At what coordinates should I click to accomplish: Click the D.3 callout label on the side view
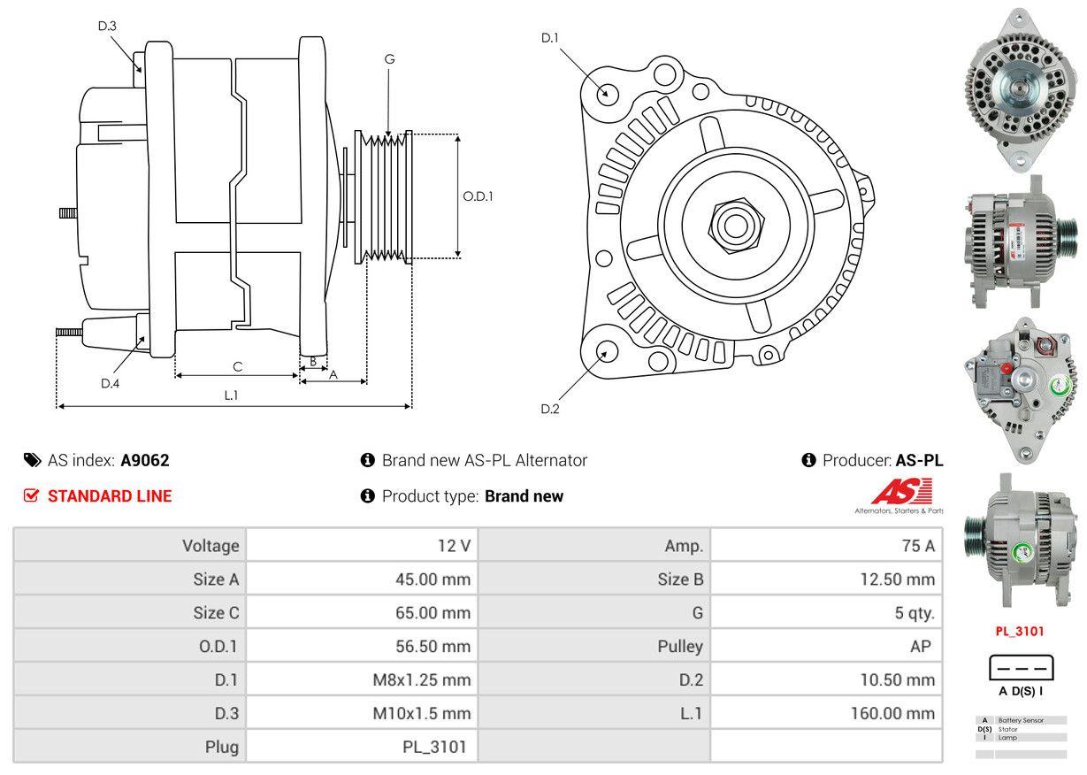tap(107, 26)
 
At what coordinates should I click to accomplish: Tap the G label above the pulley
tap(389, 59)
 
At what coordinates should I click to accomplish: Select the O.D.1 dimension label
tap(478, 196)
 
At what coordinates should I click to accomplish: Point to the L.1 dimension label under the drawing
tap(231, 395)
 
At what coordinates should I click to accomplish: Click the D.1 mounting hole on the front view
tap(607, 92)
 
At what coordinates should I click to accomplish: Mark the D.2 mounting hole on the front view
tap(606, 351)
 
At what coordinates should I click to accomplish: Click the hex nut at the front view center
tap(733, 223)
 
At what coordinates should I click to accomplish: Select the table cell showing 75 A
tap(917, 546)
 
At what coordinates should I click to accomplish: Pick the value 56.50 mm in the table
tap(433, 647)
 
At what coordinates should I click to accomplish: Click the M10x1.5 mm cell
tap(422, 713)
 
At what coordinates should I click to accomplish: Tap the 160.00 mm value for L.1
tap(892, 713)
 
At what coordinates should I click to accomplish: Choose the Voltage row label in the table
tap(211, 546)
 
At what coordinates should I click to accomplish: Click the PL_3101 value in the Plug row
tap(434, 747)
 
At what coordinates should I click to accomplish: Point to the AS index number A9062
tap(144, 460)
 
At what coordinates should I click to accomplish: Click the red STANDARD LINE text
tap(110, 496)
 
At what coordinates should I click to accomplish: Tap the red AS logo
tap(901, 492)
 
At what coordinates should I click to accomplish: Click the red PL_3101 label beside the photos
tap(1020, 632)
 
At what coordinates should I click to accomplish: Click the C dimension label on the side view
tap(237, 366)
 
